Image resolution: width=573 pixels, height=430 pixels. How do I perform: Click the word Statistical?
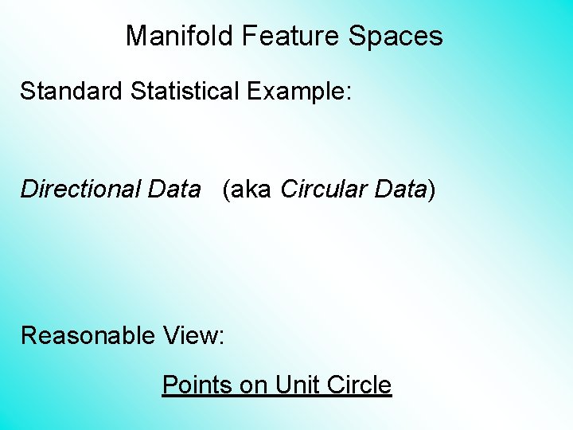tap(185, 90)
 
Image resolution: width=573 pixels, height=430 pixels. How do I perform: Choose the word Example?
tap(294, 91)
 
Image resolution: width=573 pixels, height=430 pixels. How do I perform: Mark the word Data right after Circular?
tap(398, 190)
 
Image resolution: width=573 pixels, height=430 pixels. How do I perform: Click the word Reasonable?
tap(88, 336)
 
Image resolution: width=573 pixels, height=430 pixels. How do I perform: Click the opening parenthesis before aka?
tap(227, 190)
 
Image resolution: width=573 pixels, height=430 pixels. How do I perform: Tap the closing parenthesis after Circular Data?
tap(432, 190)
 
